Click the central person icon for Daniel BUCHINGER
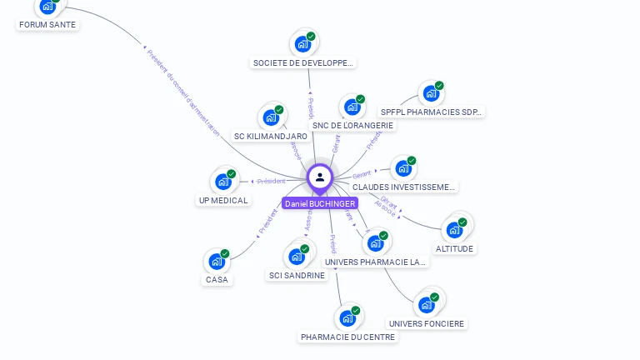click(x=320, y=177)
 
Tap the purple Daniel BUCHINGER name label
click(x=320, y=203)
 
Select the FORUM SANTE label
click(x=47, y=25)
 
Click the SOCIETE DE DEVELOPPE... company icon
click(x=302, y=43)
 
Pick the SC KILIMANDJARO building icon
click(x=271, y=117)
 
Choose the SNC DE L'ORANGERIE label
click(x=352, y=126)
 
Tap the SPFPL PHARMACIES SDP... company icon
click(x=430, y=92)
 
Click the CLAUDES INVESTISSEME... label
click(x=403, y=187)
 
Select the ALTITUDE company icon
click(x=455, y=229)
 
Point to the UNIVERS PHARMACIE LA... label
click(x=375, y=262)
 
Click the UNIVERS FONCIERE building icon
click(x=427, y=304)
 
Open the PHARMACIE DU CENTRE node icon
click(x=347, y=317)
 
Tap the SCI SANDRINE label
click(x=297, y=276)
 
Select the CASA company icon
click(x=217, y=261)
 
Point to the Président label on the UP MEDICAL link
click(x=272, y=181)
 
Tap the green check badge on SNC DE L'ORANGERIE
click(x=360, y=99)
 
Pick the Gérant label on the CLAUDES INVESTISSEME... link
click(x=362, y=175)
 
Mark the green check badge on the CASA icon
click(x=225, y=253)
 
